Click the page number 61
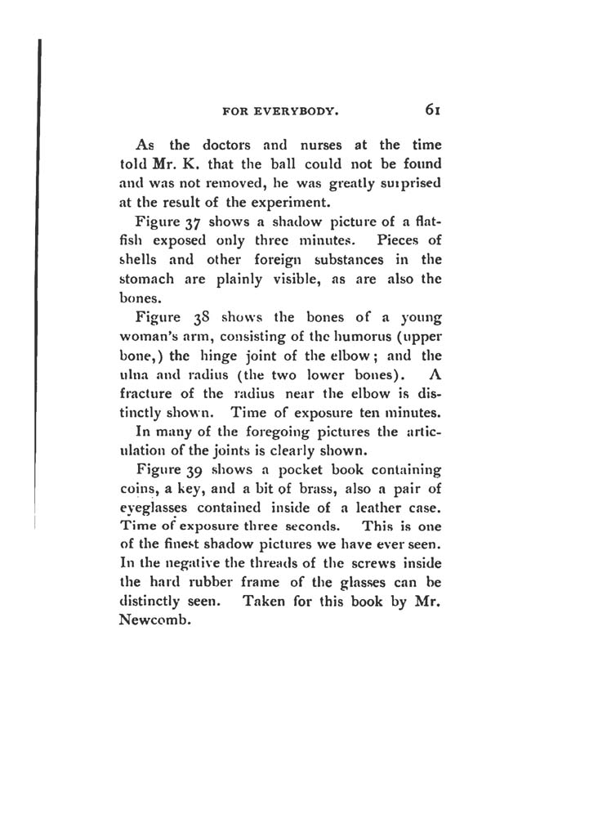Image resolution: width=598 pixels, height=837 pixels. (x=433, y=109)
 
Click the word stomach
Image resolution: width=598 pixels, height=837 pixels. (x=144, y=280)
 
